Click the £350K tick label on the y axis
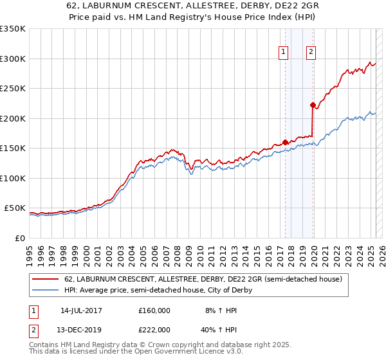pyautogui.click(x=13, y=29)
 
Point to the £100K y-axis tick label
pyautogui.click(x=13, y=178)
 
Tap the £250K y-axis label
pyautogui.click(x=13, y=89)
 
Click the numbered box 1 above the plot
pyautogui.click(x=283, y=53)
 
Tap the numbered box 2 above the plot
pyautogui.click(x=311, y=53)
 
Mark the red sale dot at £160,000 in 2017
pyautogui.click(x=285, y=143)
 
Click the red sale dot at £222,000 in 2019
pyautogui.click(x=313, y=105)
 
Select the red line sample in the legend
pyautogui.click(x=46, y=279)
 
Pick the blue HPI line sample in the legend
pyautogui.click(x=46, y=291)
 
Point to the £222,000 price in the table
pyautogui.click(x=154, y=329)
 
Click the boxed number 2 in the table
pyautogui.click(x=34, y=329)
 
